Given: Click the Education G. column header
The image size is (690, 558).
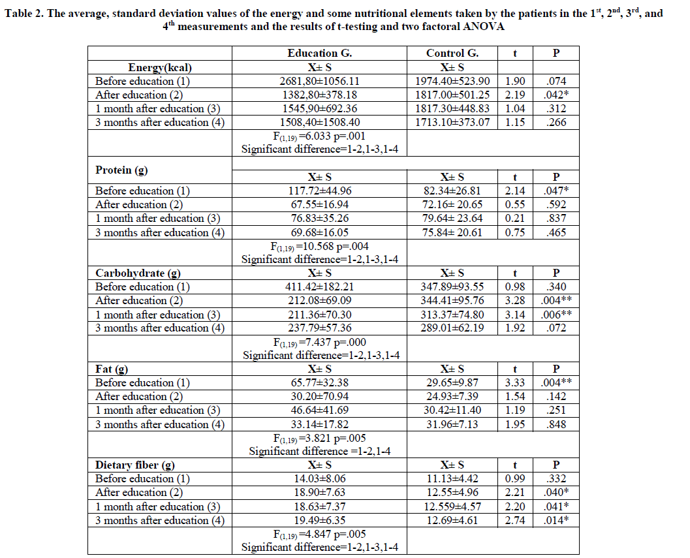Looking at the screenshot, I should pos(319,54).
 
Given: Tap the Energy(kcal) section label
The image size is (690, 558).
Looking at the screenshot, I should pos(160,67).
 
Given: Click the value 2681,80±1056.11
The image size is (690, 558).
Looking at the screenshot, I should pos(319,81).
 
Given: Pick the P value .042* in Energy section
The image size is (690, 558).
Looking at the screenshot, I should pos(556,95).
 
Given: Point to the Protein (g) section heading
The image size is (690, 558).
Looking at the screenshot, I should pos(122,170).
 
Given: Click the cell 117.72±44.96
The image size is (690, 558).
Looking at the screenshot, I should pos(319,191).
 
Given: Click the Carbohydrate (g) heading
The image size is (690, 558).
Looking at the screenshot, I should pos(138,273).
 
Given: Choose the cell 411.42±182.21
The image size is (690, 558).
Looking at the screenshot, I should pos(319,287).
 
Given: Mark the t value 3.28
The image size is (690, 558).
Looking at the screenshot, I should pos(515,300).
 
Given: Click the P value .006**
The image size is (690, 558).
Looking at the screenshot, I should pos(556,314).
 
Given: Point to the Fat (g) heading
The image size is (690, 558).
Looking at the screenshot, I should pos(112,369).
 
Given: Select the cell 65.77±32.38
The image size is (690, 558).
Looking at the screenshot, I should pos(319,382).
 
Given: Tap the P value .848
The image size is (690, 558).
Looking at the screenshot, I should pos(556,424).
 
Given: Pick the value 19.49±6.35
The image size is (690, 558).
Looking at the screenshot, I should pos(319,520).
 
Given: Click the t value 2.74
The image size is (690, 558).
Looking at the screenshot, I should pos(515,520).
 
